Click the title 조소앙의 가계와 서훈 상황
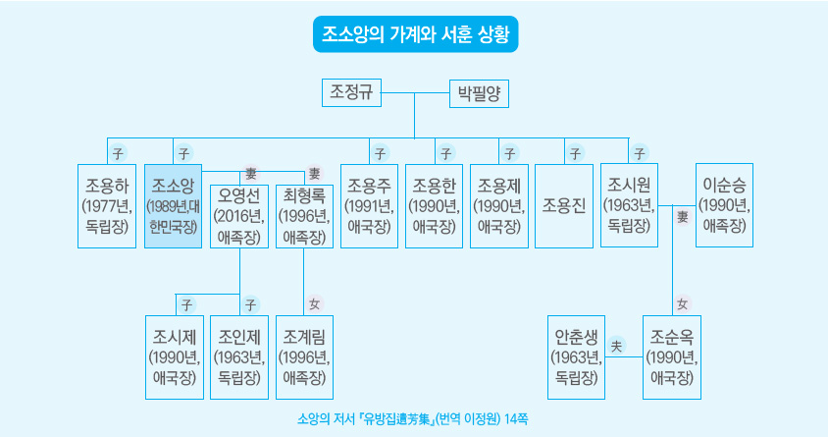[413, 33]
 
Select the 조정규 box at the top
[351, 93]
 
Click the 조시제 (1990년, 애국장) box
[173, 356]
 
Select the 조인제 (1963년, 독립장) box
[239, 356]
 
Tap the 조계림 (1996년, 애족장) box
[304, 356]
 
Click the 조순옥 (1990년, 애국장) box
[672, 356]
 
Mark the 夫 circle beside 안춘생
[617, 345]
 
